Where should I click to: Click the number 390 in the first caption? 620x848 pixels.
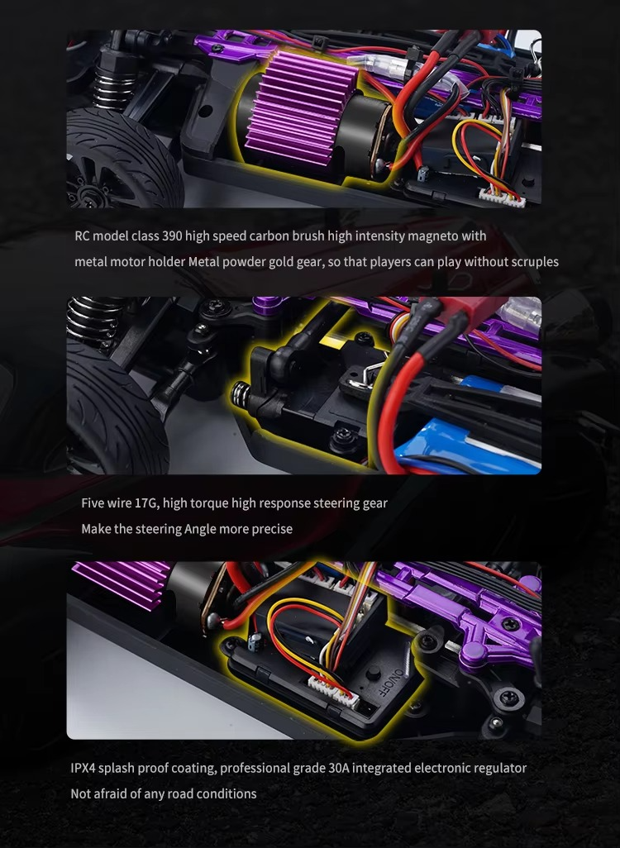(x=172, y=236)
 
